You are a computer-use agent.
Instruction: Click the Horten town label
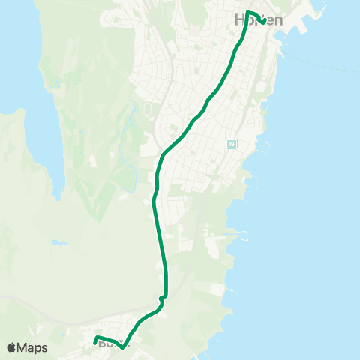[259, 20]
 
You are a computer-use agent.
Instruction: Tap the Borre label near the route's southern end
[109, 344]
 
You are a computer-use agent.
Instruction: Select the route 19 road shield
[232, 144]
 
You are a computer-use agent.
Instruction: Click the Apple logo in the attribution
[12, 347]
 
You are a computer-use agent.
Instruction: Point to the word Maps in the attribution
[34, 347]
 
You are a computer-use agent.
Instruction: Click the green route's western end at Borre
[95, 342]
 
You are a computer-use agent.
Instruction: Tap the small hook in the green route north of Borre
[162, 298]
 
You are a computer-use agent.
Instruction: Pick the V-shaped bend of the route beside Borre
[122, 347]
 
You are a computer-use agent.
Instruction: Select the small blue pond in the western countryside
[58, 243]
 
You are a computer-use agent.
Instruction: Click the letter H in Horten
[241, 20]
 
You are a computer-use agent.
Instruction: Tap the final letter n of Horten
[278, 20]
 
